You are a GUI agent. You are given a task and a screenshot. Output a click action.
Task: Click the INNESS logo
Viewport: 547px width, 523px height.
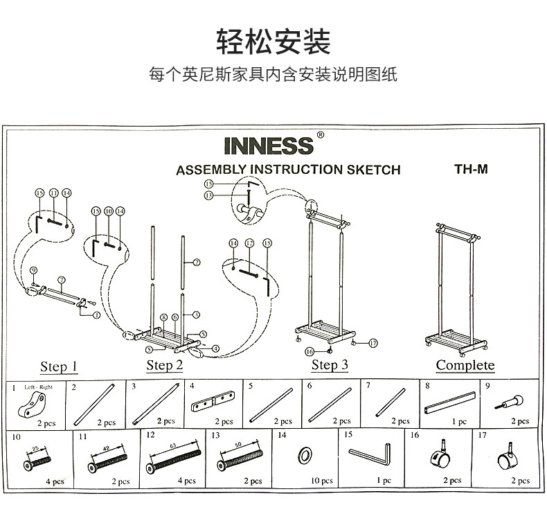269,146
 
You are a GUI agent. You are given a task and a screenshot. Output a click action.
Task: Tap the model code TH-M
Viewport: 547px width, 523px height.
471,168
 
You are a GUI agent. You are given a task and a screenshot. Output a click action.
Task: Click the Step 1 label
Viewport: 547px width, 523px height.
59,366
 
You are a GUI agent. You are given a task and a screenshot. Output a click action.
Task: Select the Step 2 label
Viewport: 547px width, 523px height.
164,365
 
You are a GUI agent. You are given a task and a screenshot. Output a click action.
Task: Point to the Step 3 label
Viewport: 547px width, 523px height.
330,364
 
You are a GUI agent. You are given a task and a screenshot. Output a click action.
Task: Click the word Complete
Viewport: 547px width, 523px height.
465,365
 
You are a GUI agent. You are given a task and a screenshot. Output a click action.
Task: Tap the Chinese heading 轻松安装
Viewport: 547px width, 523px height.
273,42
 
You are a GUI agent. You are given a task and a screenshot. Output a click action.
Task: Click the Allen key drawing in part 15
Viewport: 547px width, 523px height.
370,454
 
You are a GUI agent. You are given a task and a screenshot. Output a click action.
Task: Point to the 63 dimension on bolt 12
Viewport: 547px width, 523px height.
172,446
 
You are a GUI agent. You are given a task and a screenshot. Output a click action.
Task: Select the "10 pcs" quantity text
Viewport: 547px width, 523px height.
321,480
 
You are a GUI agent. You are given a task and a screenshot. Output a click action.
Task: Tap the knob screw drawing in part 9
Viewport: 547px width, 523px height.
510,402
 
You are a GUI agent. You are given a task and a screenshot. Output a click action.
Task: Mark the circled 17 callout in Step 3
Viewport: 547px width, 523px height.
373,342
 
